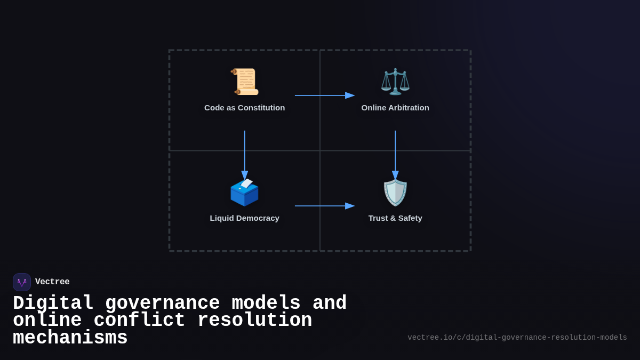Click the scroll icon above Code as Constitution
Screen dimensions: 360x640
[x=245, y=82]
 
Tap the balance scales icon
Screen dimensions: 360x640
[x=395, y=82]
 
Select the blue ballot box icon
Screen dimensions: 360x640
[x=244, y=192]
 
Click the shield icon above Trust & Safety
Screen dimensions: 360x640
[x=395, y=193]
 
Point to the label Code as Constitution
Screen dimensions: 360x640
[x=244, y=108]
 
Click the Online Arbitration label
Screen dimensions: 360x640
[x=395, y=108]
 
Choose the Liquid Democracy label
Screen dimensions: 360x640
[x=244, y=218]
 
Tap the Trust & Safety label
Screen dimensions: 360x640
[x=395, y=218]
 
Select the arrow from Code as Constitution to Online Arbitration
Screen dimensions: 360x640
[x=324, y=95]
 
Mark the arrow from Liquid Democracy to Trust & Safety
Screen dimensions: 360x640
[x=324, y=206]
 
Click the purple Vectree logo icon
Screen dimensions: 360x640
[x=22, y=282]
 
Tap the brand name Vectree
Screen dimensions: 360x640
[x=52, y=282]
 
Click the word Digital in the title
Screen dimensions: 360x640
[x=53, y=303]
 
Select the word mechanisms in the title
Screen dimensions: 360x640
[x=70, y=338]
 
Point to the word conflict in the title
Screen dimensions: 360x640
[x=139, y=321]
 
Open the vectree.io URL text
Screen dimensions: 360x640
[x=517, y=338]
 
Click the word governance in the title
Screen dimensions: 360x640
[x=162, y=303]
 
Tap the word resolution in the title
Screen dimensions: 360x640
[x=254, y=321]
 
